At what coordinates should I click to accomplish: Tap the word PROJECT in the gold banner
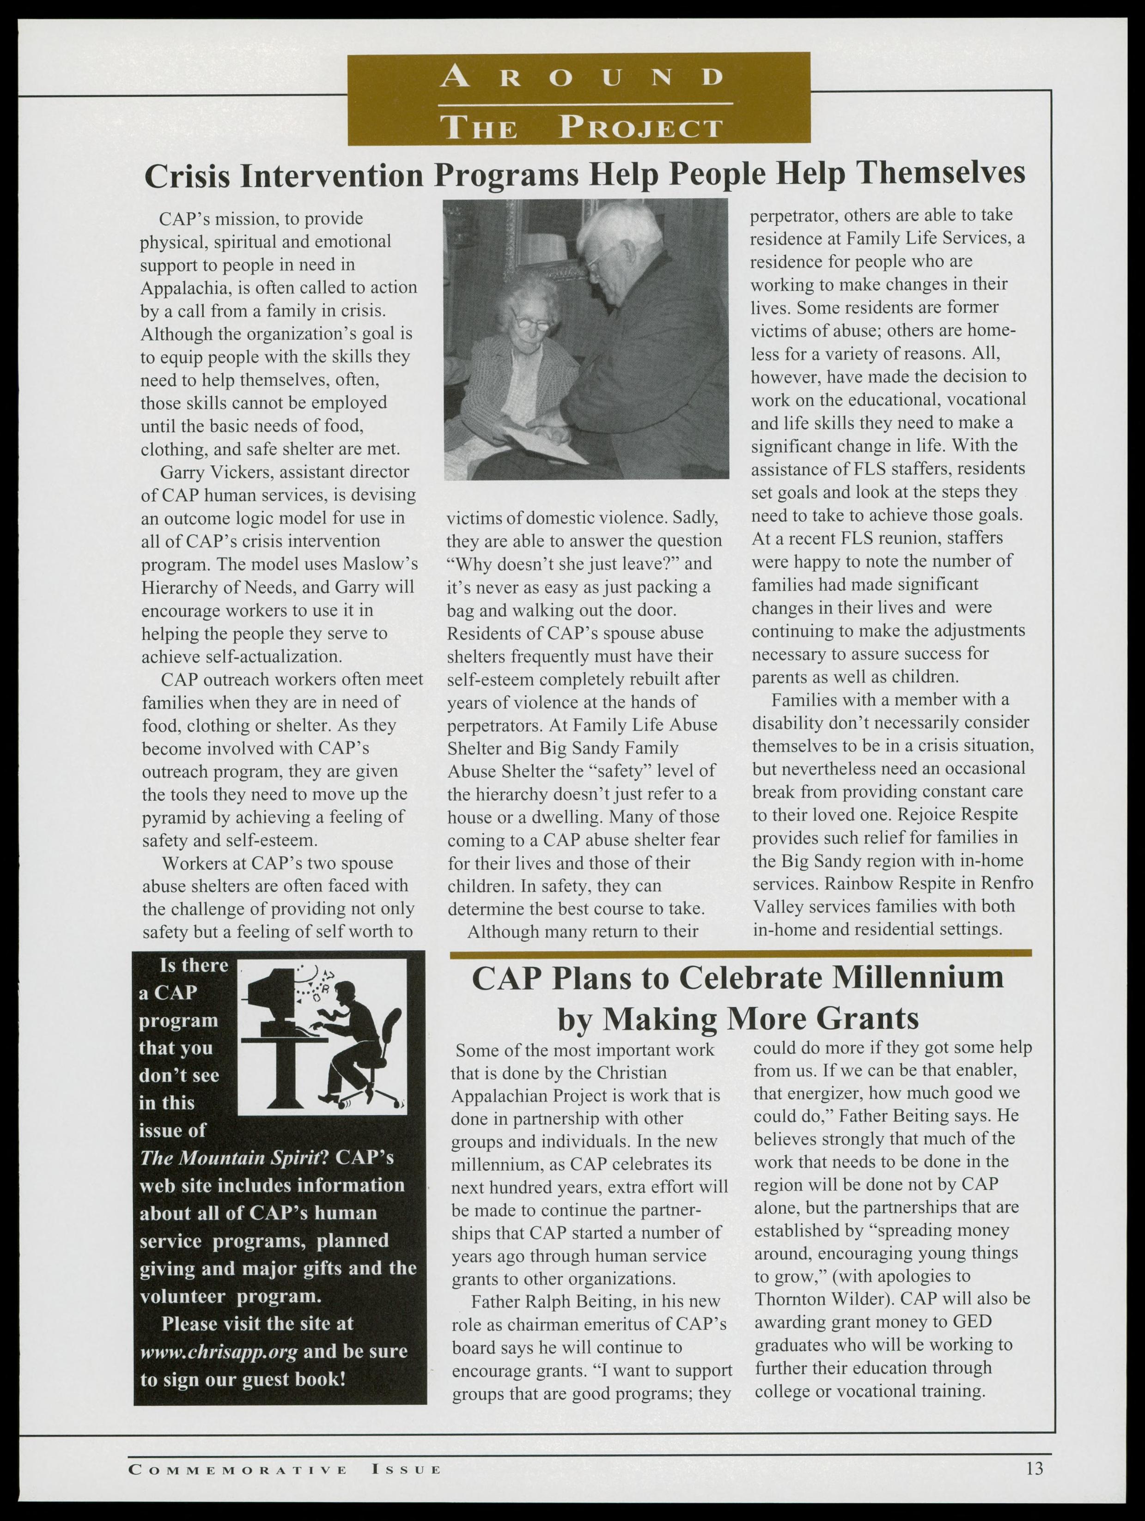(x=641, y=128)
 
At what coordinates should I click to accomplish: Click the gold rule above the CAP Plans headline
(x=741, y=953)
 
